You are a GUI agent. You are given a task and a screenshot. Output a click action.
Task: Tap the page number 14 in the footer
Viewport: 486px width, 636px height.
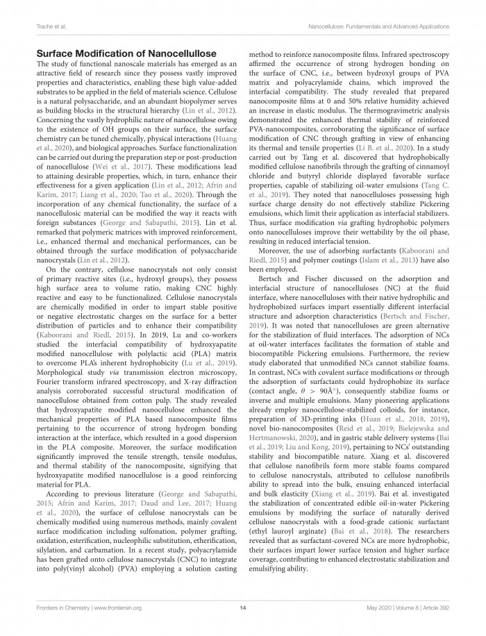(243, 607)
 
